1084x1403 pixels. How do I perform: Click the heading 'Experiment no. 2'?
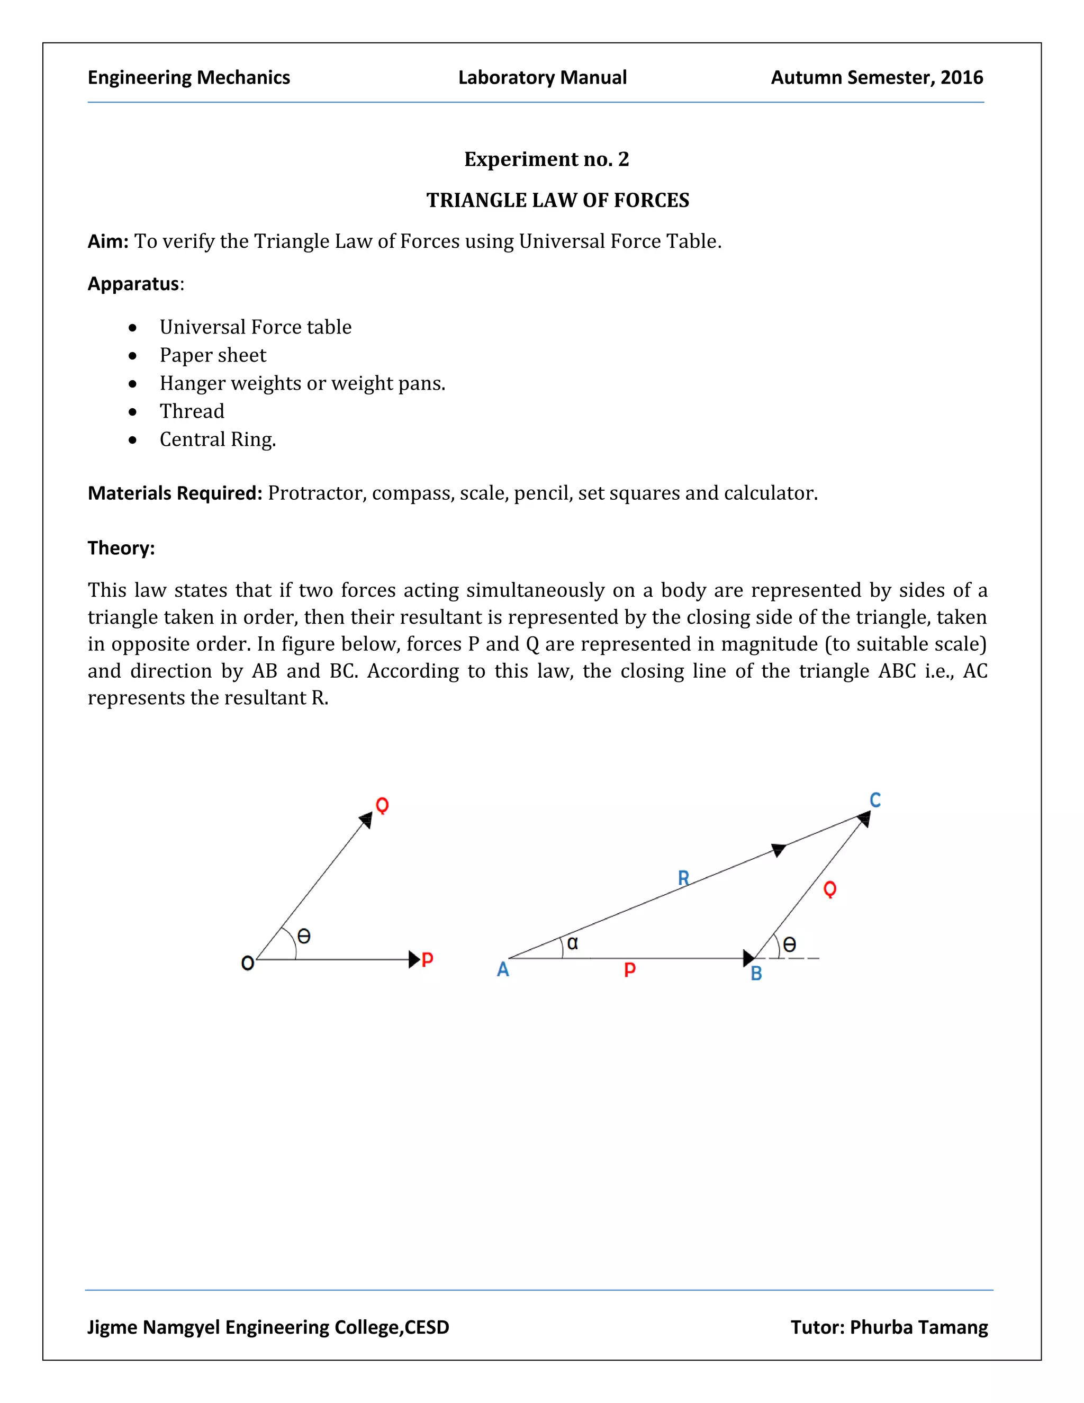[x=546, y=159]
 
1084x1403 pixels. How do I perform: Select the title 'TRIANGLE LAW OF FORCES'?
[x=557, y=201]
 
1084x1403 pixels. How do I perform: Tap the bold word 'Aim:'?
[x=108, y=241]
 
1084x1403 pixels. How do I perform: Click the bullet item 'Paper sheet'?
[x=213, y=355]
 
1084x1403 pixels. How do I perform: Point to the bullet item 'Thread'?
[x=192, y=411]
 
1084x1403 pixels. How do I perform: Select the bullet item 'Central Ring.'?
[x=218, y=439]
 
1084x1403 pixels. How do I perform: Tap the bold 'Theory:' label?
[x=121, y=548]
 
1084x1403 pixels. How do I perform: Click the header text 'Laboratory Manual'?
[x=542, y=78]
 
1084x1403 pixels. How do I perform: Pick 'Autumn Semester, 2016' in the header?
[x=877, y=78]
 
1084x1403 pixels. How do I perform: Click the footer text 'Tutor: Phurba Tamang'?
[x=889, y=1327]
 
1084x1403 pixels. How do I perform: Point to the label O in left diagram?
[x=247, y=964]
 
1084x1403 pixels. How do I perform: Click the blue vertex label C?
[x=874, y=800]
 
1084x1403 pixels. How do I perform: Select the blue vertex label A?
[x=503, y=969]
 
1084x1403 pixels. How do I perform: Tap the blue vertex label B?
[x=756, y=974]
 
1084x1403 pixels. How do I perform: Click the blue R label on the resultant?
[x=683, y=877]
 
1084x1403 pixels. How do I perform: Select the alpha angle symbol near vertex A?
[x=572, y=943]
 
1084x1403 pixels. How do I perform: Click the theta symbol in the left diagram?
[x=304, y=936]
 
